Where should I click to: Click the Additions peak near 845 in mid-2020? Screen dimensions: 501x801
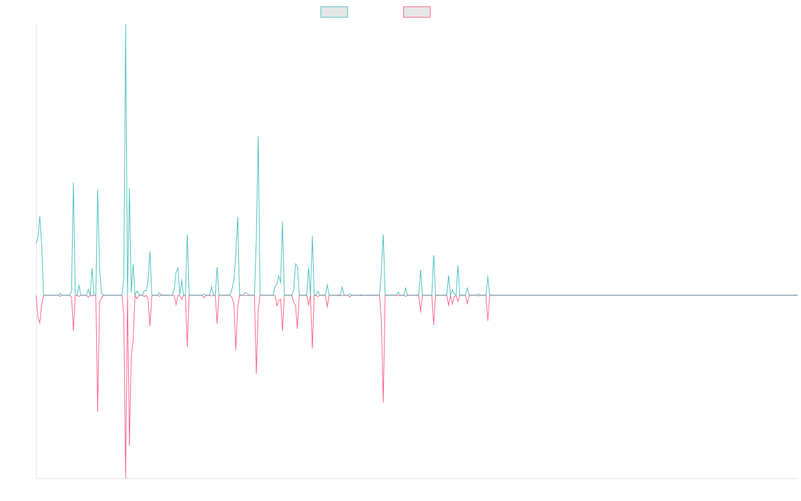tap(258, 136)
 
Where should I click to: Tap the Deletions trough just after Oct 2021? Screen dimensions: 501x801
tap(383, 402)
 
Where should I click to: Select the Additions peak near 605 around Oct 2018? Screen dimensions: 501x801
tap(73, 183)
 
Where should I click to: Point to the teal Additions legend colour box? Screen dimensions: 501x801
tap(334, 12)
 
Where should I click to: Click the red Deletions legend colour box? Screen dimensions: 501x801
tap(417, 12)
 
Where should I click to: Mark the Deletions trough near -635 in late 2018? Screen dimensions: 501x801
tap(97, 411)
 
